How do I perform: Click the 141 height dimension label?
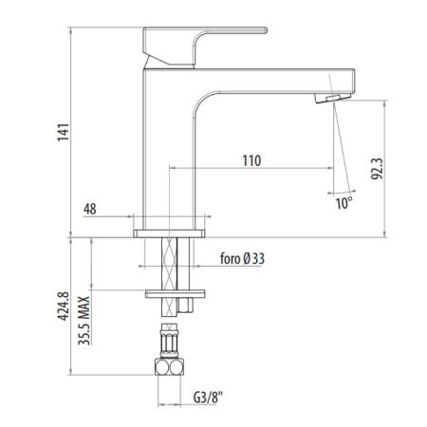[x=63, y=132]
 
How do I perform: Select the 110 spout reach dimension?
[x=251, y=160]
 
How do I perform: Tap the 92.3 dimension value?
[x=377, y=169]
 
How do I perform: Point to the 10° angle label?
[x=343, y=203]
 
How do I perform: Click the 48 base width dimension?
[x=90, y=209]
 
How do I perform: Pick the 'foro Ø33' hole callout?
[x=242, y=259]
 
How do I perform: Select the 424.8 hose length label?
[x=63, y=306]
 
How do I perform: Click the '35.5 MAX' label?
[x=84, y=320]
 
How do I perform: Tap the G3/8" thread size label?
[x=208, y=398]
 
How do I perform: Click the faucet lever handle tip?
[x=265, y=30]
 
